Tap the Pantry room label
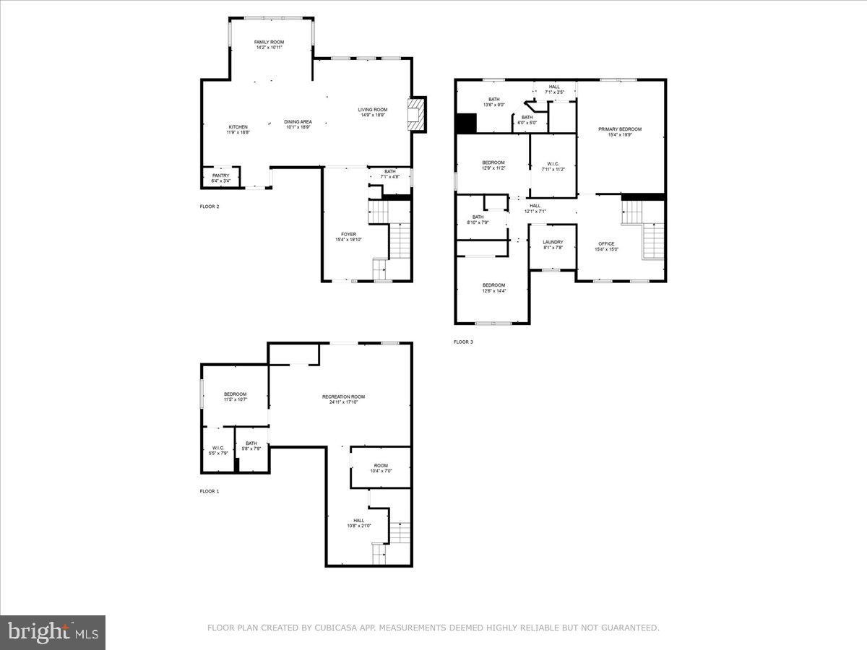[220, 178]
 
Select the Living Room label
[373, 112]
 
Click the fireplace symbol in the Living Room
[416, 115]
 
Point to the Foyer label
[348, 237]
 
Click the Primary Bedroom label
[620, 131]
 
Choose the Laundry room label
[553, 244]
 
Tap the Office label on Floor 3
[606, 246]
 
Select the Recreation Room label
[343, 399]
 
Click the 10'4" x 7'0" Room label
[380, 468]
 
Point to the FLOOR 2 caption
[210, 207]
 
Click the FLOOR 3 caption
[463, 342]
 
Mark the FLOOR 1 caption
[210, 491]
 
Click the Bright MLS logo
[53, 633]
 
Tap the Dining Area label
[298, 123]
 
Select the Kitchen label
[238, 129]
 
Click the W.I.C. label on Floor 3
[553, 165]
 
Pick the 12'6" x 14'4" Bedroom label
[493, 287]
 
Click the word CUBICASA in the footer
[334, 628]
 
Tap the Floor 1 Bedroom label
[235, 396]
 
